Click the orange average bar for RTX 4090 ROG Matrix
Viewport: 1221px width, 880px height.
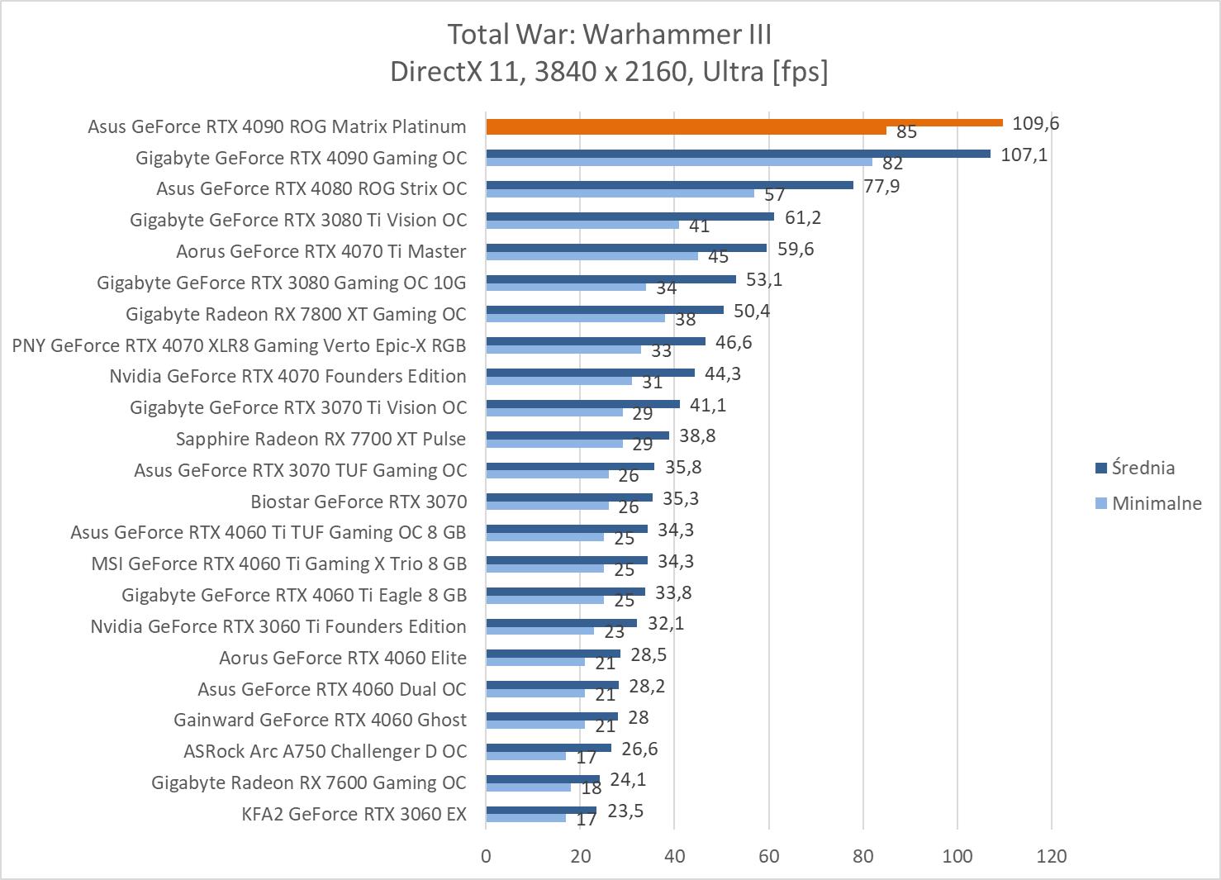[x=744, y=123]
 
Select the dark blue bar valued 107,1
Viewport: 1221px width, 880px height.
[x=738, y=154]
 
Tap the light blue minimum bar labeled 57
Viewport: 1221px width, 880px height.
[x=620, y=193]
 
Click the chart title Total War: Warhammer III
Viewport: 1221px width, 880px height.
[x=609, y=35]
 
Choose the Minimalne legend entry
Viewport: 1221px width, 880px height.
[x=1156, y=503]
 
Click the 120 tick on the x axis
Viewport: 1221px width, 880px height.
[x=1052, y=856]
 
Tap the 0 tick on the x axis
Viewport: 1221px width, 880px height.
[x=486, y=856]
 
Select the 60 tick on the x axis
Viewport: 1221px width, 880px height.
[x=768, y=856]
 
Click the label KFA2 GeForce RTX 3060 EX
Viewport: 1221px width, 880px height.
[x=354, y=814]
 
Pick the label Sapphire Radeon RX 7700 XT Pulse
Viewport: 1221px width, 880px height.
[x=321, y=439]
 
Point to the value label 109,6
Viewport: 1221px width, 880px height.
[x=1035, y=124]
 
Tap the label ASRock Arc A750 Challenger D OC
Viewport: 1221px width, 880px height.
[x=325, y=751]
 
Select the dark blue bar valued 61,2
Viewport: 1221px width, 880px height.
[x=630, y=216]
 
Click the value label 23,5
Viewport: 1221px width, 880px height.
[x=625, y=811]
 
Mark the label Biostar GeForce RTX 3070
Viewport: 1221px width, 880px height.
[x=359, y=502]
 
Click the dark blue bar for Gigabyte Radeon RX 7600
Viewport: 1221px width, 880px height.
[x=543, y=778]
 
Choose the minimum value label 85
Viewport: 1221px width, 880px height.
[x=906, y=132]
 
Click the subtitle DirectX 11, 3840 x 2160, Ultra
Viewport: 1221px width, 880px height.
[x=609, y=72]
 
